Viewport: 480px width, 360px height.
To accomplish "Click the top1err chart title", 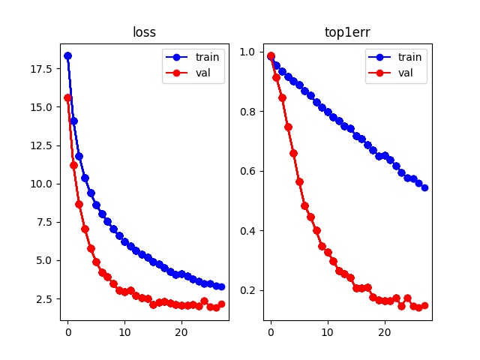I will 347,33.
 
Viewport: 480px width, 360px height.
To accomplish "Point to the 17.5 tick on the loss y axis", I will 42,69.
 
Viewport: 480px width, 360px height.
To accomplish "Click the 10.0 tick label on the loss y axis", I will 42,184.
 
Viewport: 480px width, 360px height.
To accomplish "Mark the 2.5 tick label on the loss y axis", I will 45,299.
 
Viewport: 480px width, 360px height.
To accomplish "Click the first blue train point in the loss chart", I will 67,55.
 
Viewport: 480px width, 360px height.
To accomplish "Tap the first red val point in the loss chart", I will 67,97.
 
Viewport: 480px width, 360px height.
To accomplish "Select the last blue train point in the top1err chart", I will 424,187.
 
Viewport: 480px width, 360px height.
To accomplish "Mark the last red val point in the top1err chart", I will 424,305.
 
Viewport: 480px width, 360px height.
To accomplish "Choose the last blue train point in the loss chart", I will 221,286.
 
